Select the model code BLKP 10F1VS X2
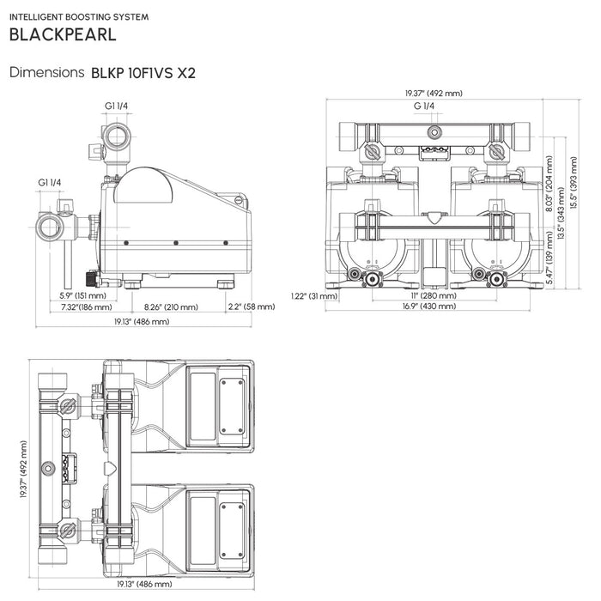(143, 73)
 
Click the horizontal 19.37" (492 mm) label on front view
(434, 93)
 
